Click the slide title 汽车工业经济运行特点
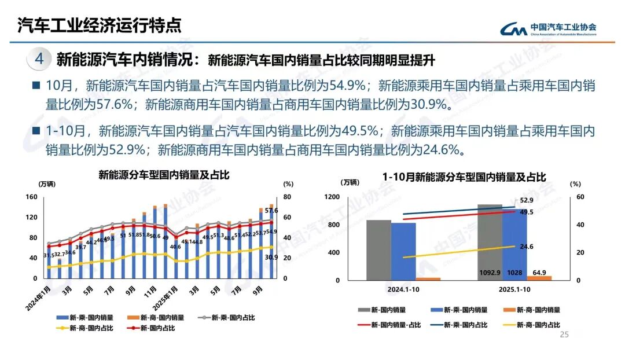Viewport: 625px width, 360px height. click(x=99, y=25)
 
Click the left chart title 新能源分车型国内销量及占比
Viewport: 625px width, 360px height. click(x=164, y=175)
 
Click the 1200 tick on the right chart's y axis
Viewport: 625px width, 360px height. click(x=332, y=197)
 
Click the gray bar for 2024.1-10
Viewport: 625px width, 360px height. click(x=378, y=249)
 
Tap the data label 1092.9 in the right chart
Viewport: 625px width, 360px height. click(x=489, y=273)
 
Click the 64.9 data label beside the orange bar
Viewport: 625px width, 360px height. click(x=539, y=272)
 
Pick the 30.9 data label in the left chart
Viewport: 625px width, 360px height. click(x=271, y=258)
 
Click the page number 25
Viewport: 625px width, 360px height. click(x=564, y=335)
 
